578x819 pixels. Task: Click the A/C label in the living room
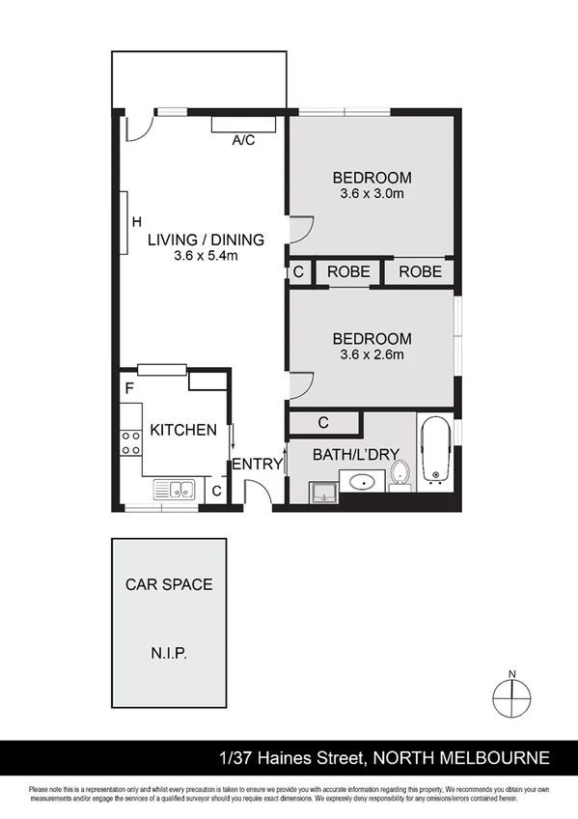coord(243,141)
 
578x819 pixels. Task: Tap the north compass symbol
coord(512,694)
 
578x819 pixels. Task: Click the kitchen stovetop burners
coord(129,443)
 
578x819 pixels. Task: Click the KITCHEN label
coord(183,431)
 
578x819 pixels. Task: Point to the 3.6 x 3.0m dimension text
coord(372,194)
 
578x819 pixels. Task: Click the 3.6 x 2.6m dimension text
coord(372,354)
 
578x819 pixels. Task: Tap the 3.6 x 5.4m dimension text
coord(206,256)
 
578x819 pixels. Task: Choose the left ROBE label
coord(348,272)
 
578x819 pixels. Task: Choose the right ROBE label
coord(420,272)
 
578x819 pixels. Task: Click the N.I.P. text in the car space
coord(169,654)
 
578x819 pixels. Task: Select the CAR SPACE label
coord(169,584)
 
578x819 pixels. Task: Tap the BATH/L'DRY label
coord(356,455)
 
